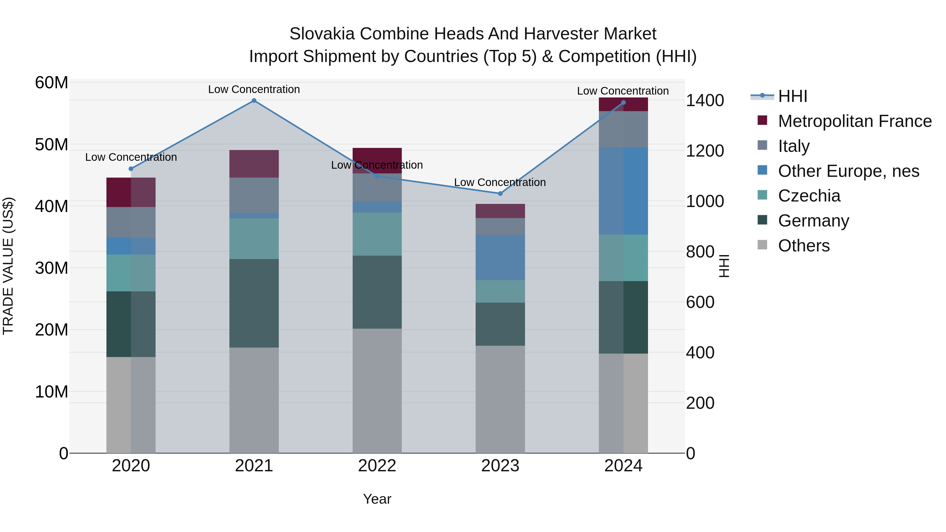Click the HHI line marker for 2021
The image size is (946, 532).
pyautogui.click(x=254, y=101)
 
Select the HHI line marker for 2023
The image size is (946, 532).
pyautogui.click(x=500, y=193)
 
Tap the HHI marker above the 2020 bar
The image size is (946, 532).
pyautogui.click(x=131, y=169)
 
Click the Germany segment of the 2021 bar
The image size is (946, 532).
pyautogui.click(x=254, y=303)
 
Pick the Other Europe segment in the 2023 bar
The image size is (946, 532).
pyautogui.click(x=500, y=257)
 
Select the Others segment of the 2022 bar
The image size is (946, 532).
pyautogui.click(x=377, y=391)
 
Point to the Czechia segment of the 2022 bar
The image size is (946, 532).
pyautogui.click(x=377, y=234)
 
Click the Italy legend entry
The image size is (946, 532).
pyautogui.click(x=793, y=146)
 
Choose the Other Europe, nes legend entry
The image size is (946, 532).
pyautogui.click(x=848, y=171)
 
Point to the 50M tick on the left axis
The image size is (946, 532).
pyautogui.click(x=52, y=145)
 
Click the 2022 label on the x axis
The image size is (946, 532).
pyautogui.click(x=377, y=466)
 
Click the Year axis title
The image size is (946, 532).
pyautogui.click(x=377, y=499)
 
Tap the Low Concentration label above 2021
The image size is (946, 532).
pyautogui.click(x=254, y=90)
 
